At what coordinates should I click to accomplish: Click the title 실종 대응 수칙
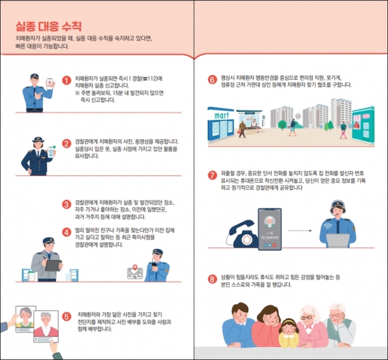pos(49,26)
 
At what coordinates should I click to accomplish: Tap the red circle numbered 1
pos(66,81)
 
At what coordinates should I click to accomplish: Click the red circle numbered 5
pos(66,317)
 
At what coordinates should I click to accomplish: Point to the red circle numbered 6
pos(211,81)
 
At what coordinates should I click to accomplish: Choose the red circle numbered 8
pos(211,280)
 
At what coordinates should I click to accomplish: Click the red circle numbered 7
pos(211,175)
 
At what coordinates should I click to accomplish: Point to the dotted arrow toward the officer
pos(303,230)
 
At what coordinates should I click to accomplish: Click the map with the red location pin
pos(135,273)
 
